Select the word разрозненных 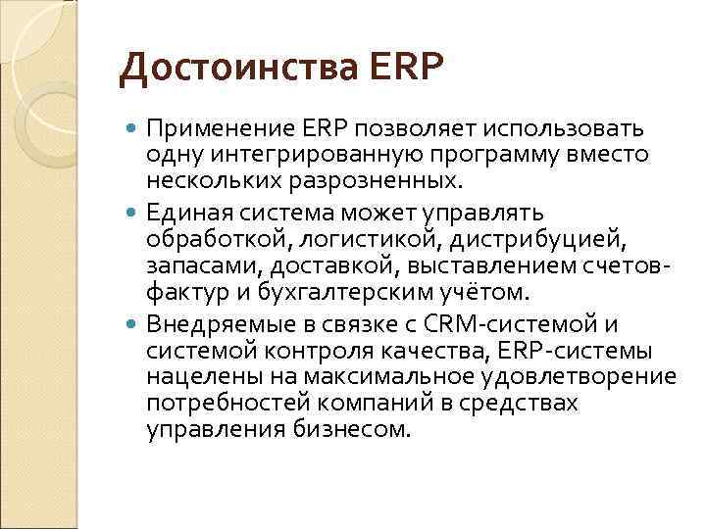pyautogui.click(x=378, y=181)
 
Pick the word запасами pyautogui.click(x=191, y=265)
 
